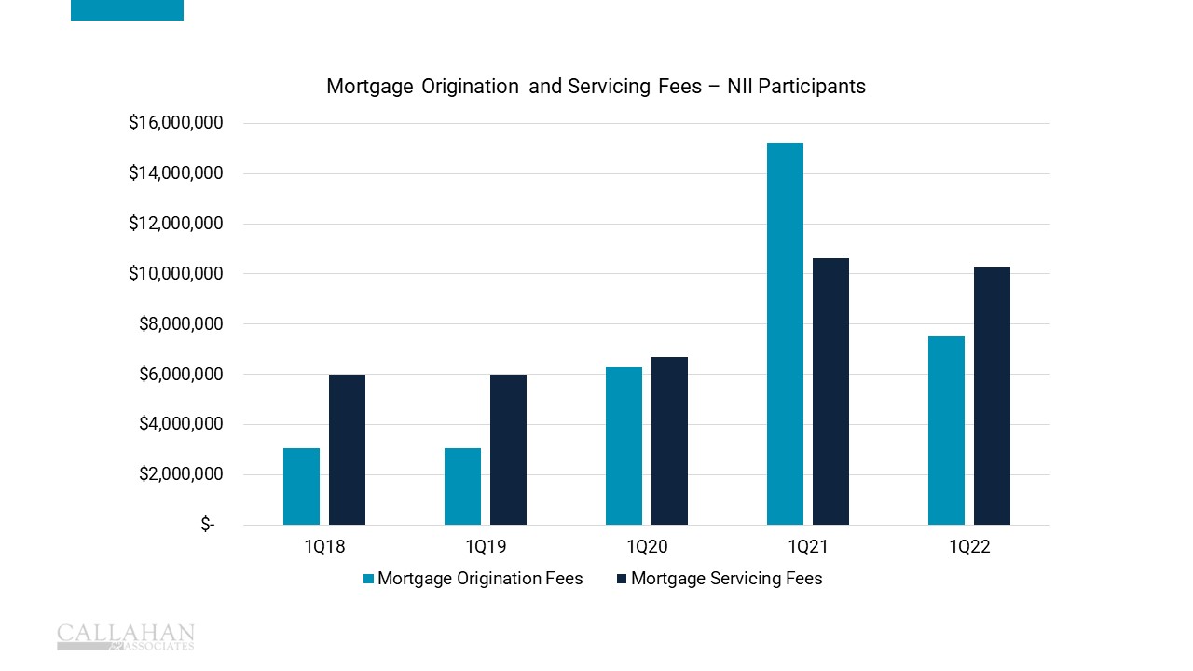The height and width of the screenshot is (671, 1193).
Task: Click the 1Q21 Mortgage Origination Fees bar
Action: coord(785,334)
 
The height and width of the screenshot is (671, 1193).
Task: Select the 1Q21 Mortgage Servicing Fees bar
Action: coord(830,391)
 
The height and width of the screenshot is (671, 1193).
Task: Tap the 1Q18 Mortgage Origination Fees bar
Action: coord(301,486)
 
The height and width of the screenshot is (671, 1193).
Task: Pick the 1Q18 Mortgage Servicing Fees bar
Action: coord(347,449)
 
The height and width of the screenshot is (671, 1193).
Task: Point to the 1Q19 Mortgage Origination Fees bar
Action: coord(462,486)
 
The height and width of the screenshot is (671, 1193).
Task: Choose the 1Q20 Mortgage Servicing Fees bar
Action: coord(669,441)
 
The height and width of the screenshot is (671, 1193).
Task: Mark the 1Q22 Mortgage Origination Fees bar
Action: coord(946,431)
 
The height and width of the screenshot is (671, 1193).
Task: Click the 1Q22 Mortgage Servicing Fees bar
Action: coord(992,396)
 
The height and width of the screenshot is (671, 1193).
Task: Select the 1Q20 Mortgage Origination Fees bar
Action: coord(624,445)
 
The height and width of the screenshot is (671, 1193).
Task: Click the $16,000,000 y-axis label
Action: coord(176,124)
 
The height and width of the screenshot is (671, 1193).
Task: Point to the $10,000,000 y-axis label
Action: coord(176,274)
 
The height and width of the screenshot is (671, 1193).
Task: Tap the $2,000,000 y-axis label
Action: coord(181,474)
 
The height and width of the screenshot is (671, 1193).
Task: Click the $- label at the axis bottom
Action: coord(207,525)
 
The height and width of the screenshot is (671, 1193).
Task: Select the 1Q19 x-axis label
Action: coord(486,548)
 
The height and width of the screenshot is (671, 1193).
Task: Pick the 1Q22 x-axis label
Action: coord(969,548)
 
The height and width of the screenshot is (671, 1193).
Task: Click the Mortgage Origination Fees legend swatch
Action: coord(368,579)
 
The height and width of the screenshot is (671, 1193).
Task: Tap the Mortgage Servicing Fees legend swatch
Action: coord(622,579)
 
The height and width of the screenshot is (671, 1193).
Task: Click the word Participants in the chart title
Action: coord(814,87)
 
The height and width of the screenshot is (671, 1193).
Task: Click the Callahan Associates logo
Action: coord(126,637)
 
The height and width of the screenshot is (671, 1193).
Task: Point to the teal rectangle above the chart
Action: coord(127,9)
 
